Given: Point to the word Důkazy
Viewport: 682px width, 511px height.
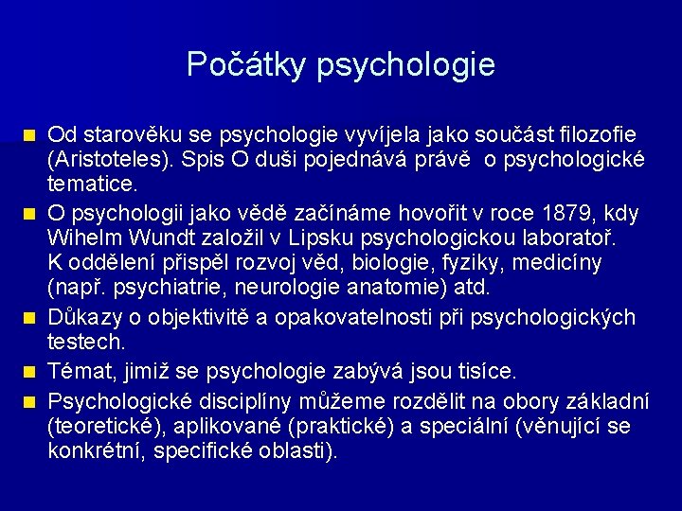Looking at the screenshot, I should [x=86, y=316].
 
